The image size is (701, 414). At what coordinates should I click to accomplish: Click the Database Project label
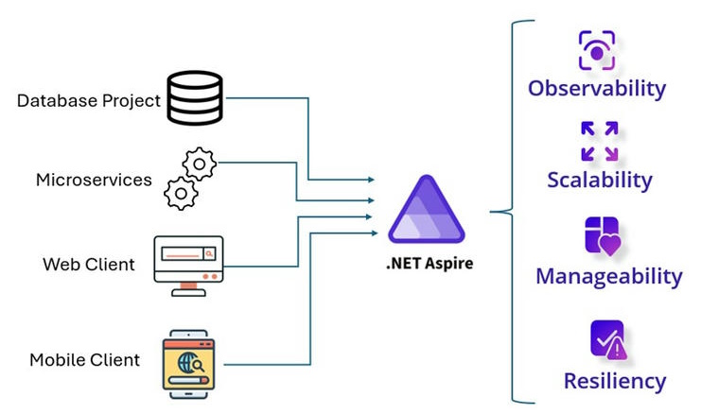(x=89, y=100)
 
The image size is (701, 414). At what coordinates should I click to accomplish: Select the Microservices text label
(x=94, y=180)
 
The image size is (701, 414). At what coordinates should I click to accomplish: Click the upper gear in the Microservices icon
(x=200, y=164)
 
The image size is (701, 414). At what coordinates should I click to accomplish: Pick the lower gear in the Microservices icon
(x=180, y=193)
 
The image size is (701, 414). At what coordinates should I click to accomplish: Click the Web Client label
(x=89, y=264)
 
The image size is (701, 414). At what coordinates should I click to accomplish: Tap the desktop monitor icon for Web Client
(x=188, y=263)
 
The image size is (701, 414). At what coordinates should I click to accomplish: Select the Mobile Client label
(x=84, y=359)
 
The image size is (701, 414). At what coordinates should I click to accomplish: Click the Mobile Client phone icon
(x=189, y=359)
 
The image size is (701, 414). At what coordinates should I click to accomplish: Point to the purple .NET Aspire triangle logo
(x=427, y=213)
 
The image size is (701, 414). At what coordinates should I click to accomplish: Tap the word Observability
(x=597, y=89)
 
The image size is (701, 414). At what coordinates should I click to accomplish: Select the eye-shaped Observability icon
(x=597, y=51)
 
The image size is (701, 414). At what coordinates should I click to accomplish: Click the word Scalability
(x=600, y=180)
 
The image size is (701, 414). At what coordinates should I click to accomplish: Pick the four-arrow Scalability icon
(x=600, y=141)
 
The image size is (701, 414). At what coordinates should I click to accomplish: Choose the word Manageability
(x=608, y=276)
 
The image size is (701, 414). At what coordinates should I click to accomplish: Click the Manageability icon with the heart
(x=603, y=236)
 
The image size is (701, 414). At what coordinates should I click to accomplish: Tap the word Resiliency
(x=615, y=381)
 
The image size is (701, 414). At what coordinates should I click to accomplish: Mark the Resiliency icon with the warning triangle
(x=607, y=339)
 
